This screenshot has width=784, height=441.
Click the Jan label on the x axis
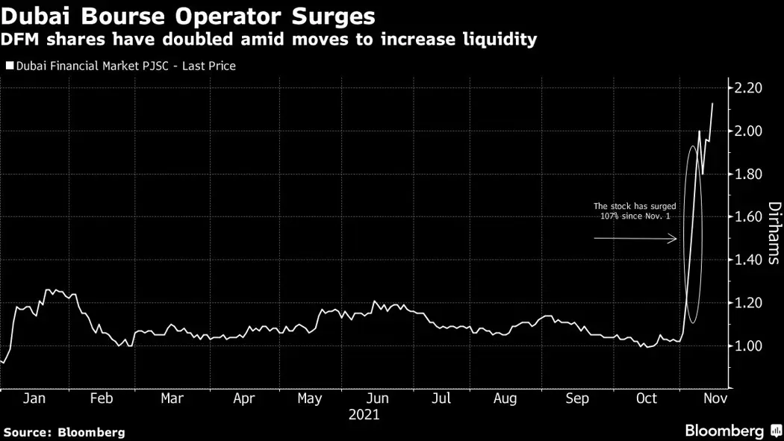34,398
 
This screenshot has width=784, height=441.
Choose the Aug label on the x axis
505,398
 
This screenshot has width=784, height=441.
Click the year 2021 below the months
364,414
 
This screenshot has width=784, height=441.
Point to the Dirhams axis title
774,233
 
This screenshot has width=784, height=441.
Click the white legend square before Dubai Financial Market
8,66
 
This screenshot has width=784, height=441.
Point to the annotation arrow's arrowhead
674,239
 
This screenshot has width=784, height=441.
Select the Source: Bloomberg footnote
63,432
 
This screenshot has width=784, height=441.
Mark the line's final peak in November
712,104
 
